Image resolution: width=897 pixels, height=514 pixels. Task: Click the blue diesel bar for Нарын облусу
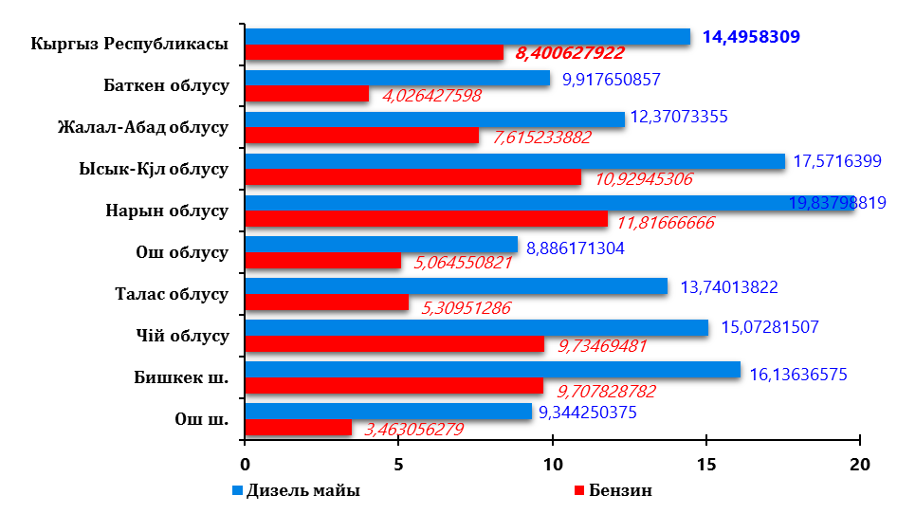[x=512, y=203]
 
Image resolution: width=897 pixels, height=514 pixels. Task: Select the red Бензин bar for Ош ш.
[x=298, y=428]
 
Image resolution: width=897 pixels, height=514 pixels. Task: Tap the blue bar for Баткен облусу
[x=397, y=78]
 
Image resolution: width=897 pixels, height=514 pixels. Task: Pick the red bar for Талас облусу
[x=326, y=303]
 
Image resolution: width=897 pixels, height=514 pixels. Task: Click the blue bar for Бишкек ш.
[x=492, y=370]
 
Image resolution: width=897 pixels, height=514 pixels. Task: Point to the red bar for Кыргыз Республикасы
[x=374, y=53]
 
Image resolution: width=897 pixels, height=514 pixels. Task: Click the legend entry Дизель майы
[x=302, y=490]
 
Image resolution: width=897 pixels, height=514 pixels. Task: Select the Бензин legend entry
[x=620, y=490]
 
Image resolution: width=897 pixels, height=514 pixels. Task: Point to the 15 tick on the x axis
[x=705, y=465]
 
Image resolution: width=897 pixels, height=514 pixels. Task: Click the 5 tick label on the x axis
[x=398, y=465]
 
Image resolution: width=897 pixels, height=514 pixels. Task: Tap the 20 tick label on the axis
[x=859, y=465]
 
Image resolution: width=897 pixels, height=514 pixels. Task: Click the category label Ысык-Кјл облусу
[x=154, y=169]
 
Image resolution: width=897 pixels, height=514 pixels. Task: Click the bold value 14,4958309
[x=751, y=37]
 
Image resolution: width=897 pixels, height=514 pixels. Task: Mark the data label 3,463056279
[x=413, y=430]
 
